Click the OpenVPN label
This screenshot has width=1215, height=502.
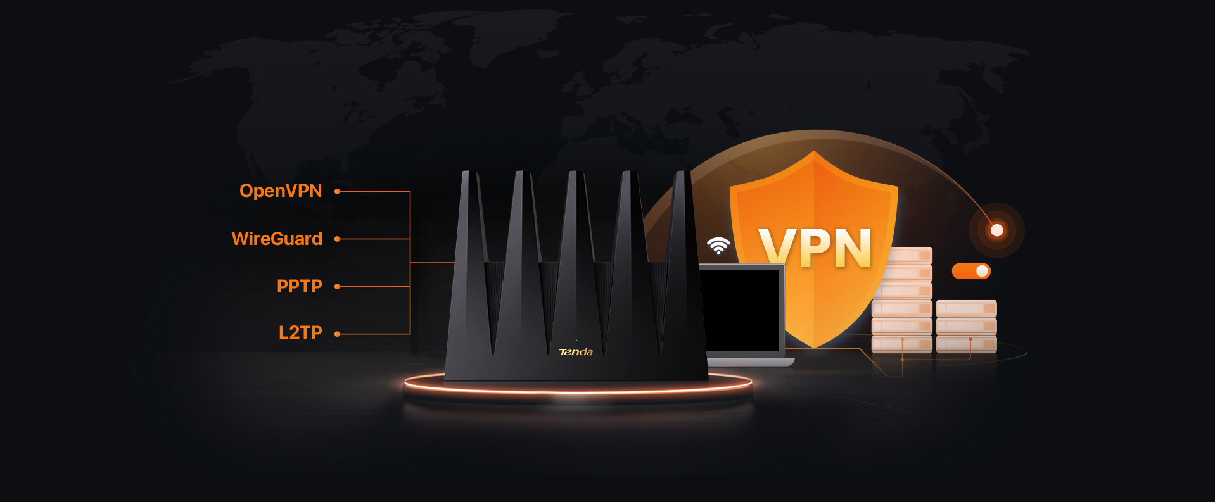[x=281, y=191]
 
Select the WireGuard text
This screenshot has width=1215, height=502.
[x=277, y=239]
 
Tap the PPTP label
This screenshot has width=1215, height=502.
[x=300, y=286]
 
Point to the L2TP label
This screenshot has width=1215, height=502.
[x=300, y=332]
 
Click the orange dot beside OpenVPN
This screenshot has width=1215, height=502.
[x=337, y=191]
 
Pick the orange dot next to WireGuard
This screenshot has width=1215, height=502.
[x=337, y=239]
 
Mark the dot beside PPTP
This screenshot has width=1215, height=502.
[x=337, y=287]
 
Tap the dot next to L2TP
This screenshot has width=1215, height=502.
[x=337, y=334]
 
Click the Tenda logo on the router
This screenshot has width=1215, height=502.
[x=576, y=352]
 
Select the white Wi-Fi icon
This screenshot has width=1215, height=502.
[x=718, y=246]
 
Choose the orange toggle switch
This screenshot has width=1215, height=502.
[x=971, y=271]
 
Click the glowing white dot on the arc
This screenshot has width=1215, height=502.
[x=996, y=230]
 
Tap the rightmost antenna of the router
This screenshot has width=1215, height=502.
[x=684, y=266]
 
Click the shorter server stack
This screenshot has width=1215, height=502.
[x=966, y=326]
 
